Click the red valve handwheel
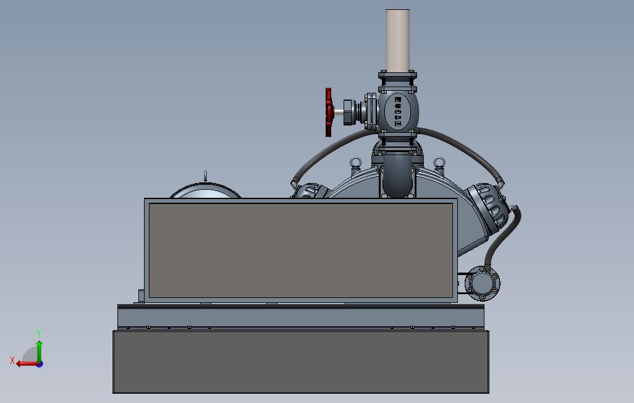tap(329, 112)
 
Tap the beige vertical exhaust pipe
tap(397, 40)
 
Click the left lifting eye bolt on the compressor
tap(355, 163)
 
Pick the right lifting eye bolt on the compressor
tap(439, 163)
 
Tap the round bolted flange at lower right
tap(483, 283)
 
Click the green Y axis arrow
tap(39, 350)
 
